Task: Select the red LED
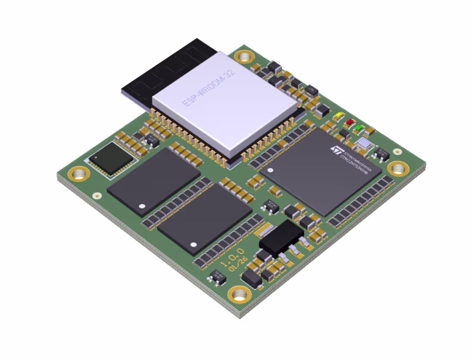pyautogui.click(x=350, y=122)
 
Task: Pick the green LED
pyautogui.click(x=360, y=128)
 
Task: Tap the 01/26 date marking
pyautogui.click(x=238, y=265)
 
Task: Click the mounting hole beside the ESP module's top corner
pyautogui.click(x=244, y=57)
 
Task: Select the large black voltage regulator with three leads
pyautogui.click(x=281, y=238)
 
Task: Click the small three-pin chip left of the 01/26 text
pyautogui.click(x=218, y=277)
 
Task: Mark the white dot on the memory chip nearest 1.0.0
pyautogui.click(x=194, y=245)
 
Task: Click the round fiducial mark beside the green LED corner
pyautogui.click(x=397, y=151)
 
